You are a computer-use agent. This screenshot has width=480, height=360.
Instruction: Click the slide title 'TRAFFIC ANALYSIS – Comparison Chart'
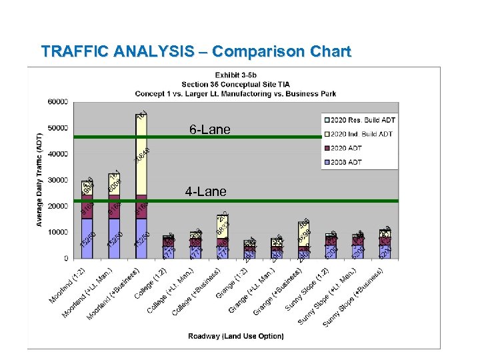click(195, 51)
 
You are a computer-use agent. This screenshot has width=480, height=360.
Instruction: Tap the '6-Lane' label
click(209, 129)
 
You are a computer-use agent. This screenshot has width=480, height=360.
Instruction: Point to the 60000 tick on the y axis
click(57, 102)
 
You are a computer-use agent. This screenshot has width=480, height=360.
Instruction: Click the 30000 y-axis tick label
click(57, 180)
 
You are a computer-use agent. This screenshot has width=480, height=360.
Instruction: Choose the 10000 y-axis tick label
click(57, 232)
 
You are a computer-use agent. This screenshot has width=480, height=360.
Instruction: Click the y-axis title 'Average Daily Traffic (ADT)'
click(40, 179)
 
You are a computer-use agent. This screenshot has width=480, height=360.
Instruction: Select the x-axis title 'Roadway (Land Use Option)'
click(235, 336)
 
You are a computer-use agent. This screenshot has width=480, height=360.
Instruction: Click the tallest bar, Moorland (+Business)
click(141, 187)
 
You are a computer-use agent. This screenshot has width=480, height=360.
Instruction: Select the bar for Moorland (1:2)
click(87, 220)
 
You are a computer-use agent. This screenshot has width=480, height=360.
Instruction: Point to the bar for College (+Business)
click(222, 237)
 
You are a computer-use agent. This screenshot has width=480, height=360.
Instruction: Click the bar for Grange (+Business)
click(303, 241)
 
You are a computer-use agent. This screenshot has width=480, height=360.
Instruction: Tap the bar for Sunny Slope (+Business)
click(385, 244)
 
